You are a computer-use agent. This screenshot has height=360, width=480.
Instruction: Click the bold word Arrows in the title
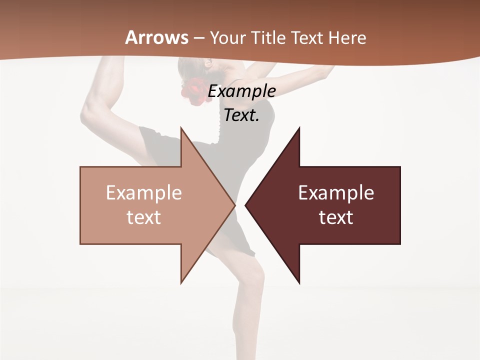[x=157, y=37]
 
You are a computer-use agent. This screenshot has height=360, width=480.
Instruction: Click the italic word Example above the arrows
[x=242, y=91]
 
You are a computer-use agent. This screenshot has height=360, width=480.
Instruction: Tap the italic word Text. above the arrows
[x=242, y=115]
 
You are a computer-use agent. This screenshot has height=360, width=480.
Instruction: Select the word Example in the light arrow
[x=144, y=193]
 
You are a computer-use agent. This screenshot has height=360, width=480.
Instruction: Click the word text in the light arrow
[x=144, y=217]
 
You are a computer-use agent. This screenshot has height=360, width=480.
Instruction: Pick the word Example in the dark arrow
[x=336, y=193]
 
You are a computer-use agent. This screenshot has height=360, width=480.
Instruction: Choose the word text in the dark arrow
[x=336, y=217]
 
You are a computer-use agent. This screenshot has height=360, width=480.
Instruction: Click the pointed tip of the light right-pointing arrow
[x=235, y=205]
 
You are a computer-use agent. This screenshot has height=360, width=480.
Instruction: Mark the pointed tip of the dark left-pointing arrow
[x=245, y=205]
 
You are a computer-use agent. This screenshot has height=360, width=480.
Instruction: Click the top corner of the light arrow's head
[x=181, y=127]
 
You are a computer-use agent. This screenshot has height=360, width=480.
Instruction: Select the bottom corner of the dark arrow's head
[x=299, y=283]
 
